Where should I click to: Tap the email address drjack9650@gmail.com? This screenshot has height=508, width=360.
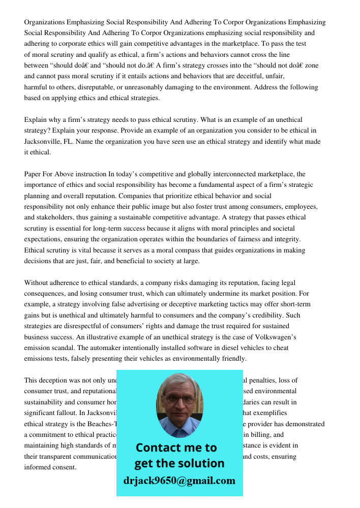point(179,481)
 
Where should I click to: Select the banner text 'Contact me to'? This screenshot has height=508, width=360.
point(176,448)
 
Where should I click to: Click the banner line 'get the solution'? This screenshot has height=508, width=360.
point(179,463)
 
